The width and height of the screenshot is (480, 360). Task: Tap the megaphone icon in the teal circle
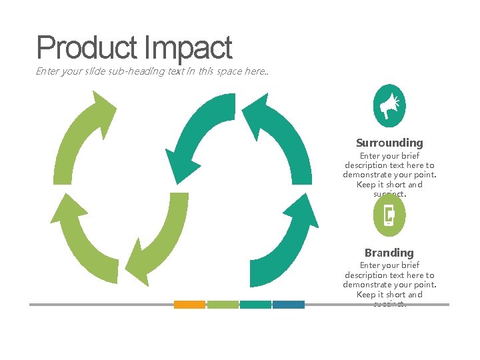point(389,105)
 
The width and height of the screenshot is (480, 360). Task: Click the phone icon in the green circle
point(389,215)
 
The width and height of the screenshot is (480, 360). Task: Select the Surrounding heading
point(389,143)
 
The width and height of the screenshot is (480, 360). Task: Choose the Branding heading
point(389,253)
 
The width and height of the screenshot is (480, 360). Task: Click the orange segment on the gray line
point(189,305)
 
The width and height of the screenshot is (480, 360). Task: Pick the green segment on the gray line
point(223,305)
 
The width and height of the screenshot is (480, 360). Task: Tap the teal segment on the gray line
point(255,305)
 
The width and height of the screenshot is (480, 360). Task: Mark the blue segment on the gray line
point(288,305)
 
